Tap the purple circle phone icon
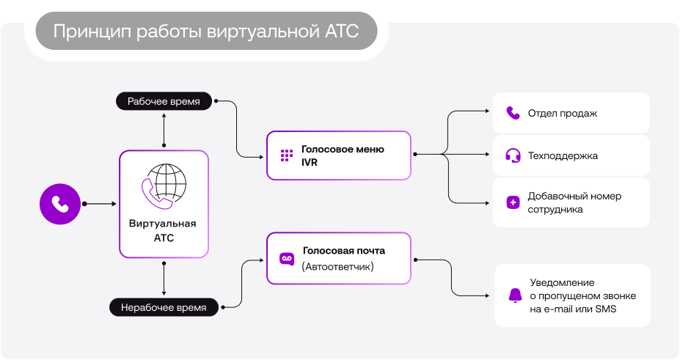[60, 203]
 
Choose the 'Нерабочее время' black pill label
[164, 307]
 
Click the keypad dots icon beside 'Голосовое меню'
[286, 155]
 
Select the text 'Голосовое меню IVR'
[342, 155]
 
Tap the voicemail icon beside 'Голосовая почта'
[286, 259]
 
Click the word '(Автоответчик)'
[337, 267]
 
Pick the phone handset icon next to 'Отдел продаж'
[513, 113]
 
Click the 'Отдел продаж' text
[563, 114]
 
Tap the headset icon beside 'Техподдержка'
[513, 155]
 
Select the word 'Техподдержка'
[563, 156]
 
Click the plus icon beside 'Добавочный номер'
[513, 202]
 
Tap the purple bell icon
[515, 295]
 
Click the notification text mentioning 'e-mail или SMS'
[582, 295]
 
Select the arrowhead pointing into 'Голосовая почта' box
[261, 259]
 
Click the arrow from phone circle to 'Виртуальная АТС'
[100, 203]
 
